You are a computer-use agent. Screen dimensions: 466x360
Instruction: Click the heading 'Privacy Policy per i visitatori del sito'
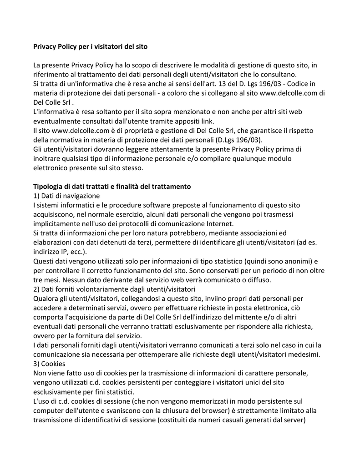pyautogui.click(x=90, y=46)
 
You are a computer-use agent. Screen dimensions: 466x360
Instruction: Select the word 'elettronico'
pyautogui.click(x=51, y=167)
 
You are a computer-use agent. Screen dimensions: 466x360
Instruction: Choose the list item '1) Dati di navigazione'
pyautogui.click(x=66, y=196)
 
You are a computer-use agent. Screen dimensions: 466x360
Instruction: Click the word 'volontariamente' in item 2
pyautogui.click(x=105, y=289)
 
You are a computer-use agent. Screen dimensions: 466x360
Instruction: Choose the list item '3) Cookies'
pyautogui.click(x=49, y=364)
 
